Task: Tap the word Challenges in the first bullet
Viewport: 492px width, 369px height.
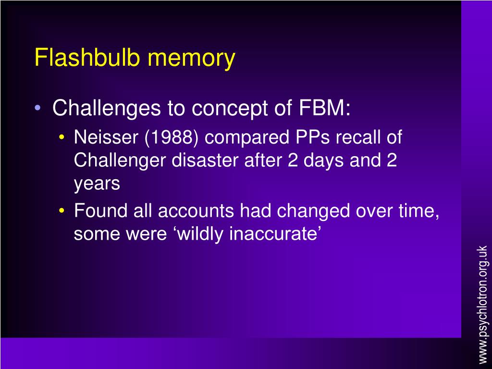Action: (x=106, y=109)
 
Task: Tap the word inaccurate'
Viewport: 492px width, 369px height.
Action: (x=275, y=234)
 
